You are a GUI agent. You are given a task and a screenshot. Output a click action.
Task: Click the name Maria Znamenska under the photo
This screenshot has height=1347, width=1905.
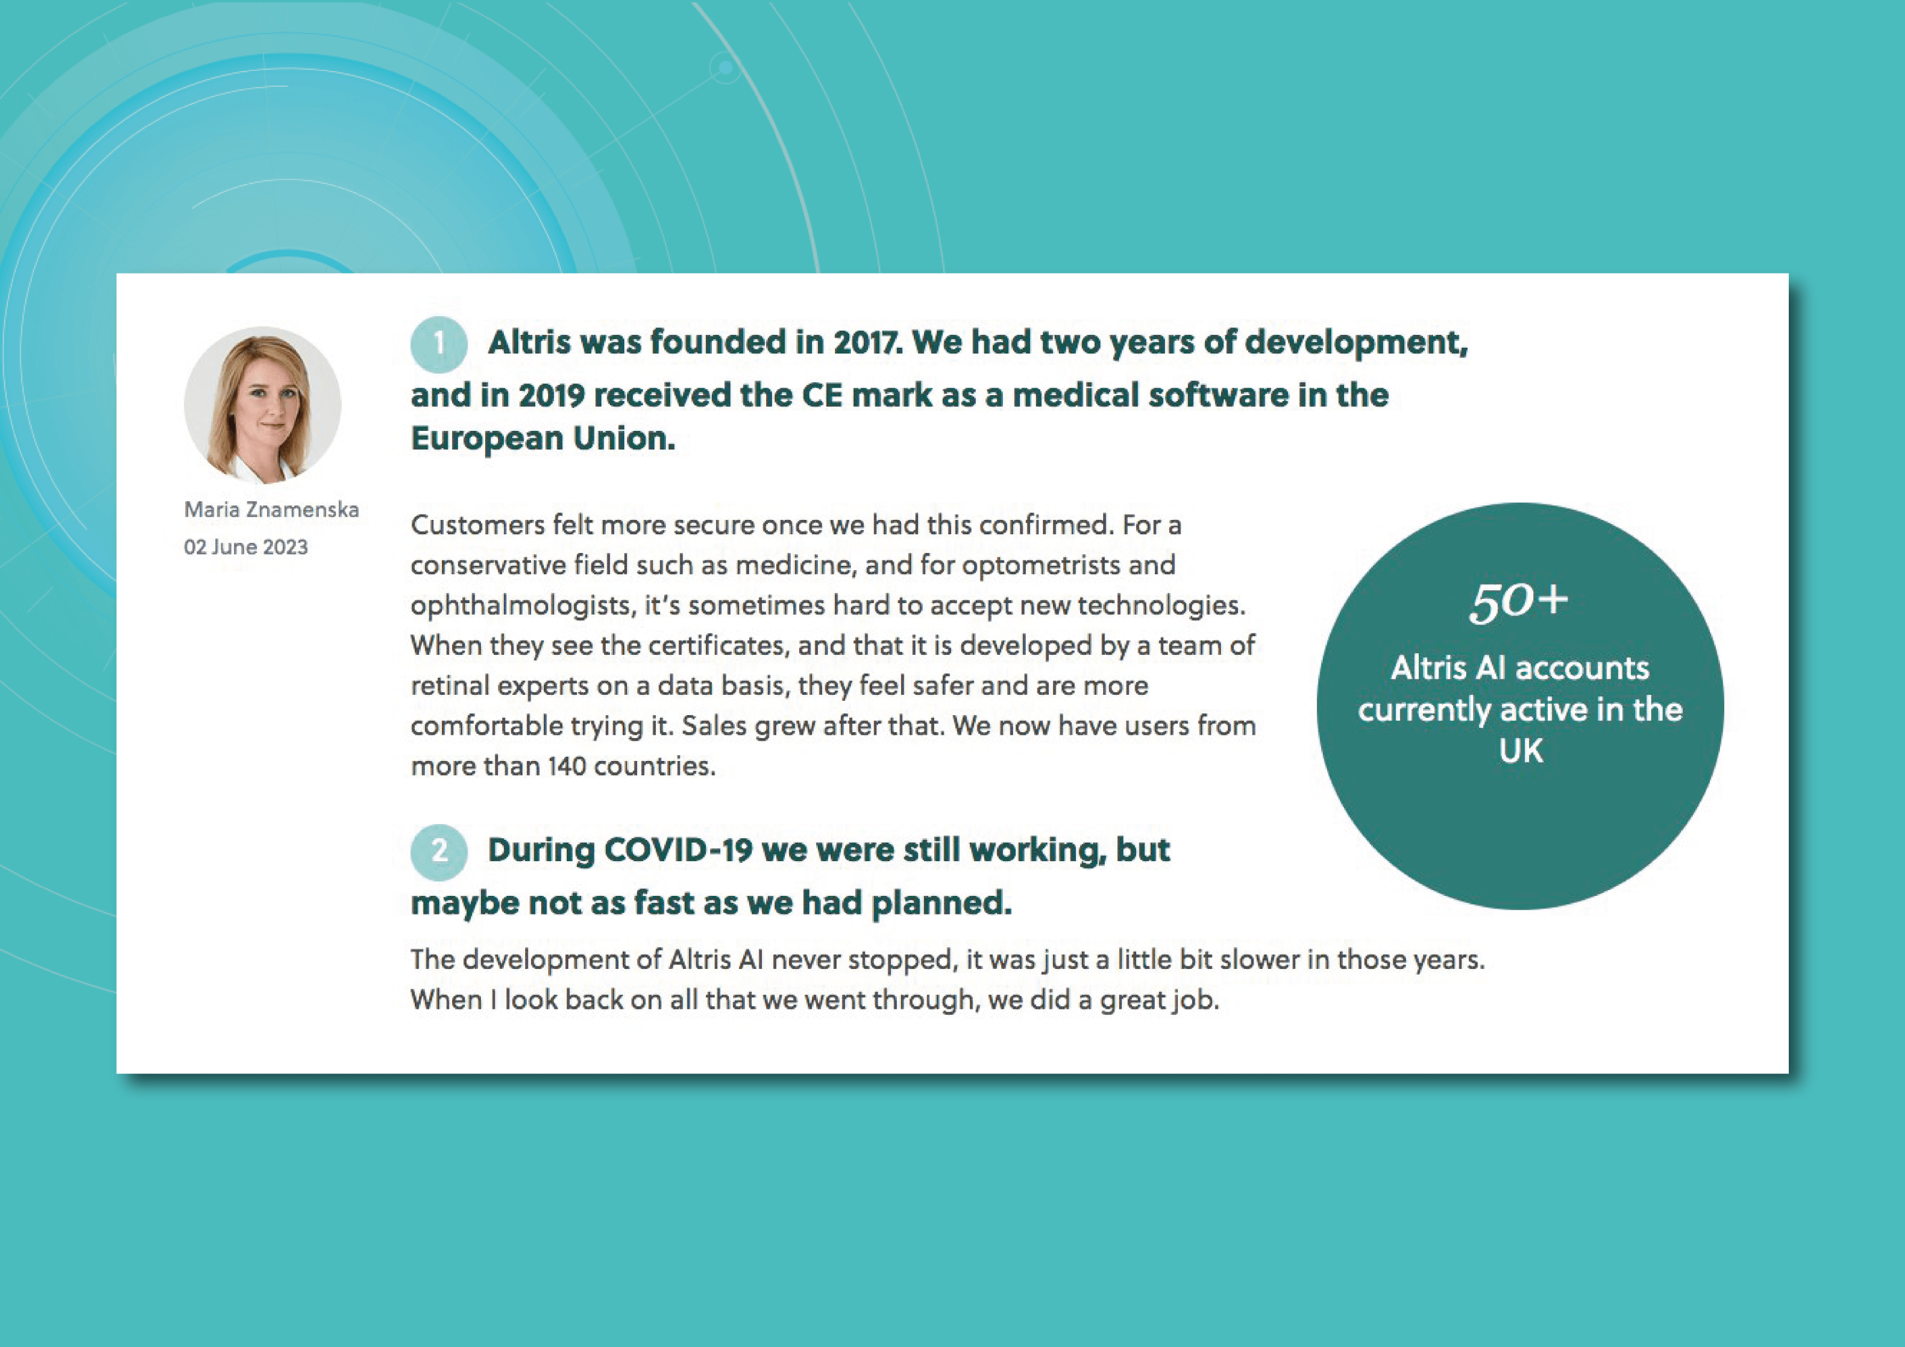pyautogui.click(x=271, y=510)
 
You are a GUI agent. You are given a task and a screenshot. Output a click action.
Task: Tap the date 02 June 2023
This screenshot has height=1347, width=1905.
pyautogui.click(x=246, y=547)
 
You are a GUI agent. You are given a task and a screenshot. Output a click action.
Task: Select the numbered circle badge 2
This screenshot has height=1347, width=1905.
pyautogui.click(x=439, y=852)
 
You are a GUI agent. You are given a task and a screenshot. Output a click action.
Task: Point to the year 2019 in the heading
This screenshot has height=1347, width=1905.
pyautogui.click(x=552, y=395)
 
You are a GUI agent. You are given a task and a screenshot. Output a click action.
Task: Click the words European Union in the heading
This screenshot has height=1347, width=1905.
pyautogui.click(x=543, y=438)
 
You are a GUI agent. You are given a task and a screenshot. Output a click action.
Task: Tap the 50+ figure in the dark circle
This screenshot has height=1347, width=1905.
pyautogui.click(x=1518, y=601)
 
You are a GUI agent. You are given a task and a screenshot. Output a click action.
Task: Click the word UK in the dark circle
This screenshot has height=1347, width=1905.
pyautogui.click(x=1521, y=751)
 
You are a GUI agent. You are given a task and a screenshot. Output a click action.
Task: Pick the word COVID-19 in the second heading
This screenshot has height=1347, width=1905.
pyautogui.click(x=678, y=850)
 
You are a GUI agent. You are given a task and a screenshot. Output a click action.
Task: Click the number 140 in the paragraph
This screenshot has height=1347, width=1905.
pyautogui.click(x=567, y=766)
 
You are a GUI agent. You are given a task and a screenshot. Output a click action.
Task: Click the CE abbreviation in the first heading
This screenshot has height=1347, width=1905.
pyautogui.click(x=822, y=395)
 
